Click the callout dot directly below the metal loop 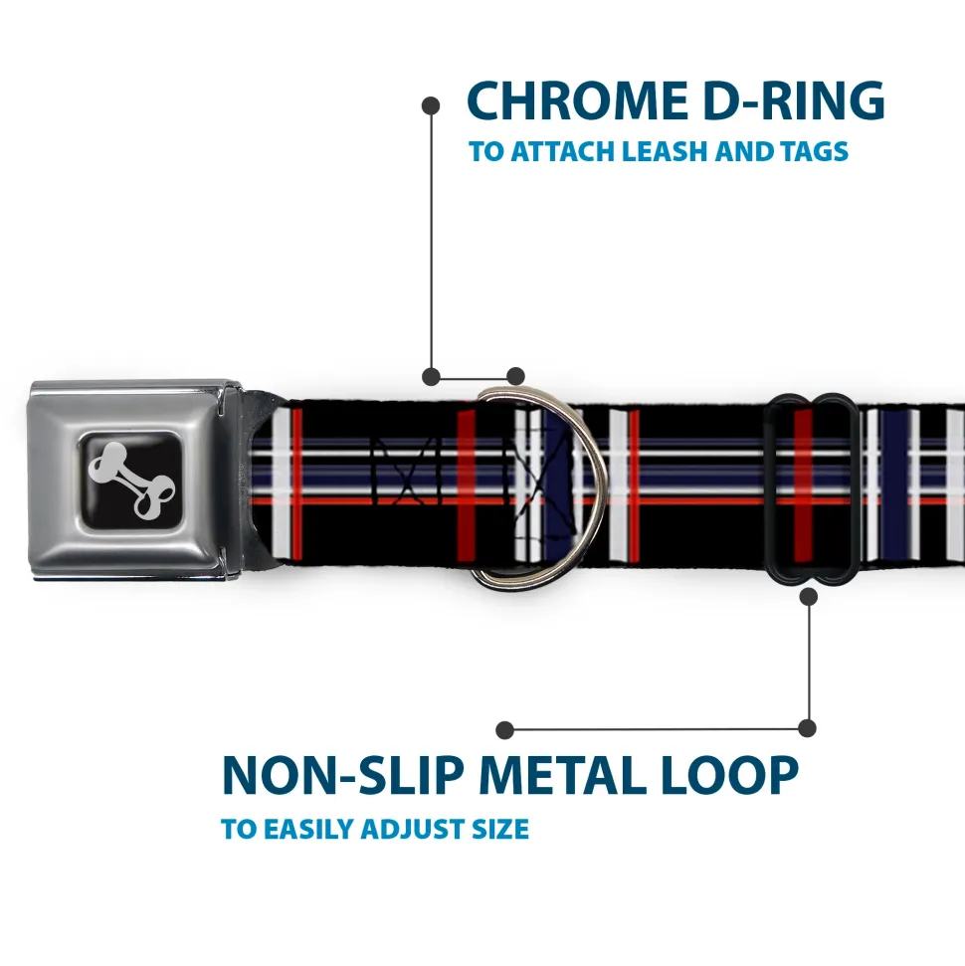(808, 596)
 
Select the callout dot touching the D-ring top (514, 376)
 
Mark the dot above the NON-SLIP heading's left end (505, 730)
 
